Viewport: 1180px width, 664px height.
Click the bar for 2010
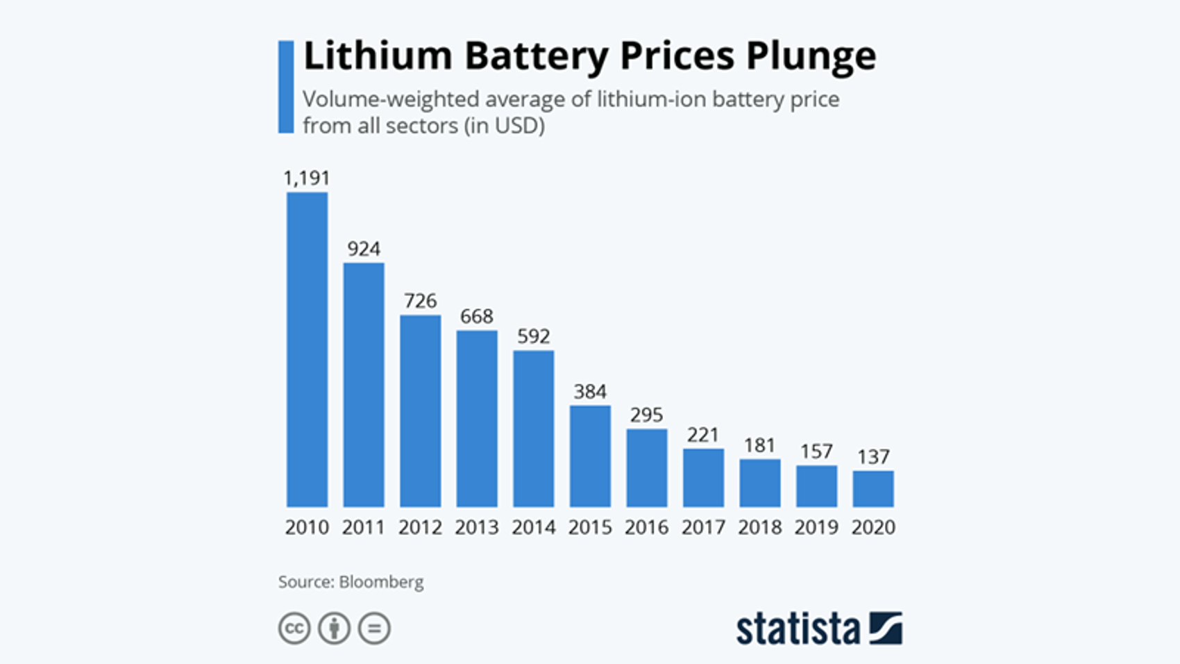point(307,349)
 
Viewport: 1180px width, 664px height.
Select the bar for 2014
point(533,429)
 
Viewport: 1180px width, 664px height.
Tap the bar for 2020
point(873,488)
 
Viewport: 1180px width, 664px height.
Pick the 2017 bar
point(703,477)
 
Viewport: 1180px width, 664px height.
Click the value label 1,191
point(306,179)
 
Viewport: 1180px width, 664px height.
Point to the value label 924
point(364,249)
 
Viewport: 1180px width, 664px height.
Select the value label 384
point(590,392)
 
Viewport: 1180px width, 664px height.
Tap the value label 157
point(816,451)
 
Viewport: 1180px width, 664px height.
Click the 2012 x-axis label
point(420,527)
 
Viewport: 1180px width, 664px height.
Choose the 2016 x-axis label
point(646,527)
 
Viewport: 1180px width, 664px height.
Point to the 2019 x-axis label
point(816,527)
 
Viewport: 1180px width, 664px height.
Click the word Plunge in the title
point(811,56)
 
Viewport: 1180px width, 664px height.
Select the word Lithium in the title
point(378,56)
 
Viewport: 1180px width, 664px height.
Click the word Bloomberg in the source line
point(381,581)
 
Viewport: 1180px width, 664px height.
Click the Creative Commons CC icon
point(294,629)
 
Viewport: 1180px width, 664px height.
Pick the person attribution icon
point(334,629)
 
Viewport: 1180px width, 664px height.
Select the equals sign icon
point(374,629)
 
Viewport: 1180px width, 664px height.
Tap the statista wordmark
point(798,629)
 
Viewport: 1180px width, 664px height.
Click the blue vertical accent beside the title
point(285,87)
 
